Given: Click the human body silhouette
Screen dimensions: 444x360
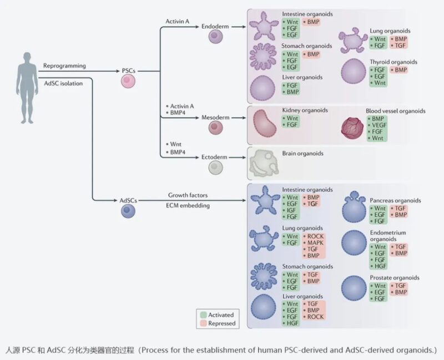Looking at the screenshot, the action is [x=27, y=88].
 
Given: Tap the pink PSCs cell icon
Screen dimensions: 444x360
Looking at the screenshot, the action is [x=128, y=82].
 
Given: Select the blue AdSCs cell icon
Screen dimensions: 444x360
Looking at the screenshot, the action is [x=128, y=211].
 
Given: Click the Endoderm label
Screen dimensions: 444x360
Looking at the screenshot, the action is [x=215, y=26].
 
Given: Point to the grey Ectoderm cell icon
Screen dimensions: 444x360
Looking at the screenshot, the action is [x=216, y=168].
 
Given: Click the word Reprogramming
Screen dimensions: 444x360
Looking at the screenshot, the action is [x=64, y=65].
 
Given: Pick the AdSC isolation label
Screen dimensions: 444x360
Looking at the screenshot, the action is [x=63, y=84].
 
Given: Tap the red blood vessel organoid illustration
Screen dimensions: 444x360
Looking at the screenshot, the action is [x=352, y=129].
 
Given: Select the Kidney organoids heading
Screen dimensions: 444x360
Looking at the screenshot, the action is [x=305, y=110].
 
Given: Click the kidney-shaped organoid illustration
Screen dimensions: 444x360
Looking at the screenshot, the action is [x=265, y=124].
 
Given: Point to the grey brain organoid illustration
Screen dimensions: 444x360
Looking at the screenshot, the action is [x=264, y=163].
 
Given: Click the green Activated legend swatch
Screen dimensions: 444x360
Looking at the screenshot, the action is [x=203, y=315].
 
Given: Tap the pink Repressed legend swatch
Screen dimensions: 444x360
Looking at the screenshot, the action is [x=203, y=323].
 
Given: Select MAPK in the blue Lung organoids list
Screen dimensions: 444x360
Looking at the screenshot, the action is [x=315, y=242].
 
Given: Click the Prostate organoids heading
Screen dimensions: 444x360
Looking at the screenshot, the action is [x=395, y=278].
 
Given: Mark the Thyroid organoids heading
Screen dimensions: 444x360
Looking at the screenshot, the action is [x=393, y=62].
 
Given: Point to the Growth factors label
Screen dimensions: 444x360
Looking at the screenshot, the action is [x=188, y=195].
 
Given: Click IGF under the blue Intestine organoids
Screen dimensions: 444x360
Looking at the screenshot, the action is [x=291, y=210].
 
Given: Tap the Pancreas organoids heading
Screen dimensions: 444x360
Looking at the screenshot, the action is [x=395, y=201].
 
